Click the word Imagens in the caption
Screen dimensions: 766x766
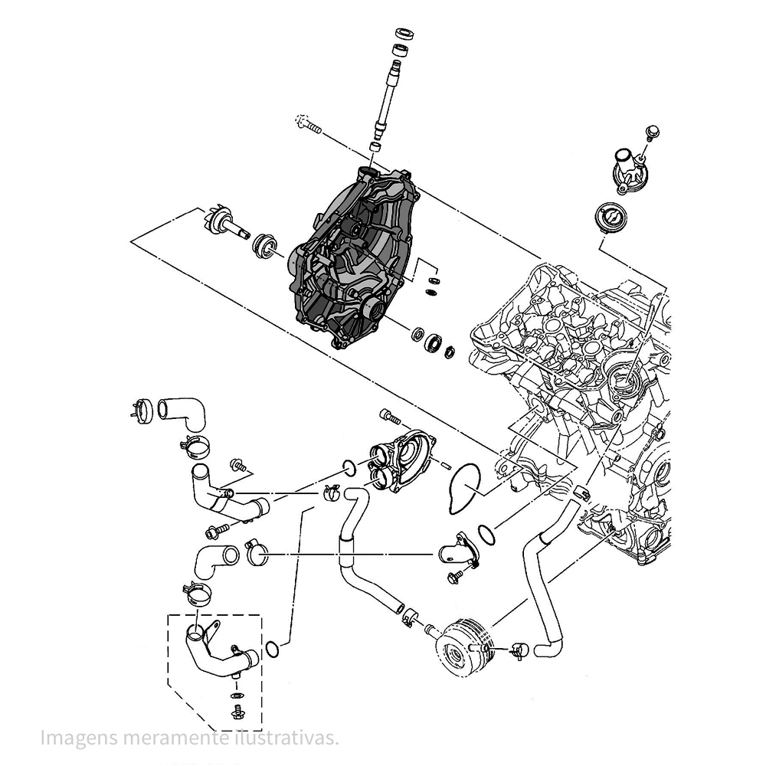click(x=75, y=738)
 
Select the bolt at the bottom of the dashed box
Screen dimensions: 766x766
click(x=237, y=715)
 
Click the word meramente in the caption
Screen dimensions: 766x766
click(x=176, y=738)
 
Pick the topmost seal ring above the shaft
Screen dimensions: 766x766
click(x=404, y=34)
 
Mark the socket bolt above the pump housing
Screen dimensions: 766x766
click(x=389, y=417)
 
